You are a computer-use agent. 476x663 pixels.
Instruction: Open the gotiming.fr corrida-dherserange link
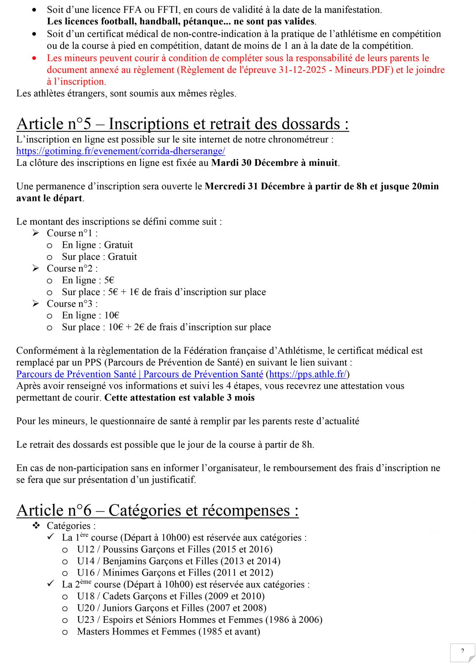[121, 151]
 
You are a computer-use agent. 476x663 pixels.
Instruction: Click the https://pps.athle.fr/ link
[307, 375]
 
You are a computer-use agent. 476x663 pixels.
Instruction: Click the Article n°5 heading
[182, 124]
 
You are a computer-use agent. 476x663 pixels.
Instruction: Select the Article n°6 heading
[157, 511]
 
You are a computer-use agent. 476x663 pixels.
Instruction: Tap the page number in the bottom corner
[462, 651]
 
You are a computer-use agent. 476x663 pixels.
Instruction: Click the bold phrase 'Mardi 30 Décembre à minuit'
[274, 163]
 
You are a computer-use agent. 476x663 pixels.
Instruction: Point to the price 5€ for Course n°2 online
[109, 281]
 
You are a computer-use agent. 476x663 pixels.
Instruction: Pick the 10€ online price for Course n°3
[112, 316]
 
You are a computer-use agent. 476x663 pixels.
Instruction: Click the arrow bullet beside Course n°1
[36, 233]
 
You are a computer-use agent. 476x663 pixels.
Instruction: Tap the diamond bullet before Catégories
[36, 526]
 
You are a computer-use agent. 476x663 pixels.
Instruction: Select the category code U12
[86, 549]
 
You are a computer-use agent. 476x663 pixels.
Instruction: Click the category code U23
[86, 620]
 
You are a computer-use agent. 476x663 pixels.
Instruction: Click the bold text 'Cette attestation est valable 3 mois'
[179, 398]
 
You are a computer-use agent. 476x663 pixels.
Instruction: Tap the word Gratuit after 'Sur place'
[122, 257]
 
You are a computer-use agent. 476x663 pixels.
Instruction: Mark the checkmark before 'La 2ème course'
[51, 584]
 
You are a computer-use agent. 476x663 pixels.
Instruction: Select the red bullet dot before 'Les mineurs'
[34, 58]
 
